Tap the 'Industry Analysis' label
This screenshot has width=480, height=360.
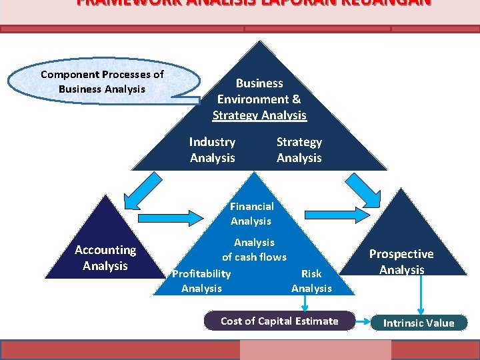pyautogui.click(x=212, y=150)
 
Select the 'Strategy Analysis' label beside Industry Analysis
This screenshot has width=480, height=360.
pyautogui.click(x=299, y=150)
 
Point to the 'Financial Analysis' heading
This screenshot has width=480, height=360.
pyautogui.click(x=251, y=213)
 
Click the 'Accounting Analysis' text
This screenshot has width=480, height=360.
pyautogui.click(x=105, y=258)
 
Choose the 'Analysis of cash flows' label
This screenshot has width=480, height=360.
pyautogui.click(x=254, y=249)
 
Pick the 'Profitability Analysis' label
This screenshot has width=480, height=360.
pyautogui.click(x=201, y=281)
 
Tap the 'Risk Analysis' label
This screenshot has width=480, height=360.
pyautogui.click(x=311, y=281)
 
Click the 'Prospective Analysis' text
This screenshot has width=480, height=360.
pyautogui.click(x=401, y=261)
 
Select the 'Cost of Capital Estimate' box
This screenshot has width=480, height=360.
pyautogui.click(x=279, y=321)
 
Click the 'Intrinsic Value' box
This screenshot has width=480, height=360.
pyautogui.click(x=419, y=323)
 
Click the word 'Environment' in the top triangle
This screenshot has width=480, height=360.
pyautogui.click(x=259, y=99)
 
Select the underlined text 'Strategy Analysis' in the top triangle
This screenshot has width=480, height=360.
pyautogui.click(x=259, y=115)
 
